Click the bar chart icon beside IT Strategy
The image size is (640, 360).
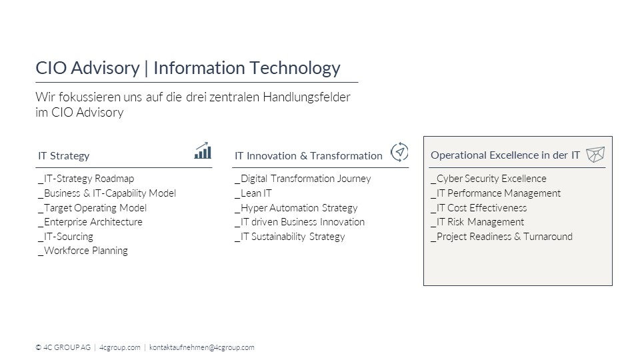click(203, 151)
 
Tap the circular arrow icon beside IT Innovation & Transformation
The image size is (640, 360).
click(399, 152)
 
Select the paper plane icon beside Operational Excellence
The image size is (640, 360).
click(595, 155)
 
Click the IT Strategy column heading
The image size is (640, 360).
click(64, 156)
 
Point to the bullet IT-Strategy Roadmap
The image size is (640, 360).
click(86, 179)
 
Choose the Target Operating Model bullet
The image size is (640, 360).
click(92, 208)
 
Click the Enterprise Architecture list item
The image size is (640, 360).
click(90, 222)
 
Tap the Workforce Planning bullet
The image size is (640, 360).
click(83, 251)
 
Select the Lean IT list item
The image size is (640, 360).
click(253, 193)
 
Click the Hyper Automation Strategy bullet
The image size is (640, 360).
click(296, 208)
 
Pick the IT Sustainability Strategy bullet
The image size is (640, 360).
click(290, 237)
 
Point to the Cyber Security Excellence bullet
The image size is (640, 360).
click(489, 179)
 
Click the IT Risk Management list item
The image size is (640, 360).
click(477, 222)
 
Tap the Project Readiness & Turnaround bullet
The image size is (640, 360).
click(501, 237)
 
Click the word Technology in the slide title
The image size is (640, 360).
click(295, 68)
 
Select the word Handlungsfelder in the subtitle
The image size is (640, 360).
click(307, 97)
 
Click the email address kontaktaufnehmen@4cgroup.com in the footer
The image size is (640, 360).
click(201, 347)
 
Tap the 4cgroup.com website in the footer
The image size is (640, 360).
click(119, 347)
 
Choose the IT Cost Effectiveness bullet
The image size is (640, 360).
click(479, 208)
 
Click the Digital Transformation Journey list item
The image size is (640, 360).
click(303, 179)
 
